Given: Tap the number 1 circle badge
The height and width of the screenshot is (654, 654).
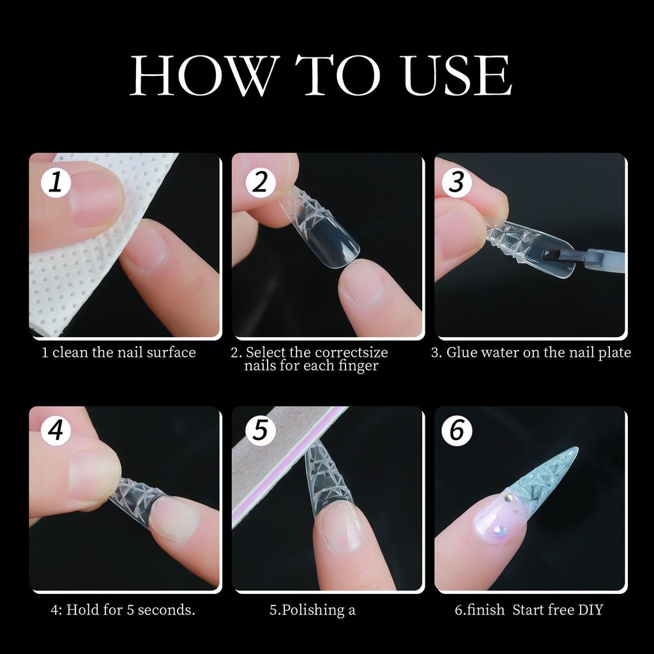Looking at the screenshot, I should [56, 183].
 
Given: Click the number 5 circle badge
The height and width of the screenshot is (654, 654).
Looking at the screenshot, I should [260, 430].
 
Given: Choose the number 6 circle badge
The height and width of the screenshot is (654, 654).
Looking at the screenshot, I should [457, 430].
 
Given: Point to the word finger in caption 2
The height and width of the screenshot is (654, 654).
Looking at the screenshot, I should [359, 367].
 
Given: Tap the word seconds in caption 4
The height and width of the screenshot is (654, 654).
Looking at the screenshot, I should [167, 610].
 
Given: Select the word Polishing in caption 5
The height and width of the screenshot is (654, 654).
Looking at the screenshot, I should [312, 611].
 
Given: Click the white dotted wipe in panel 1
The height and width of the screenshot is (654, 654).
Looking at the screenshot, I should [70, 275].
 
